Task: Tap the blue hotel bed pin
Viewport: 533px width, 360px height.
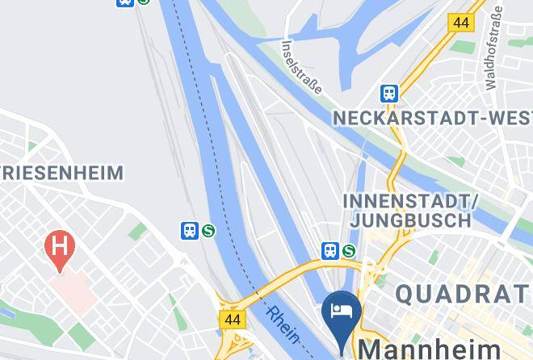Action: [340, 312]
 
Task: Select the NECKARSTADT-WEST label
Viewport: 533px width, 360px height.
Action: [433, 119]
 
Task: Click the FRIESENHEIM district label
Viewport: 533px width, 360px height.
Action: [61, 172]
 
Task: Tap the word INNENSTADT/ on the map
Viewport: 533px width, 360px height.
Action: [411, 199]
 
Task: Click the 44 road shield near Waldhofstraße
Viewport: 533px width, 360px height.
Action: [462, 23]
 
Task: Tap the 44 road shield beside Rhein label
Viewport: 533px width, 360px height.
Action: [233, 320]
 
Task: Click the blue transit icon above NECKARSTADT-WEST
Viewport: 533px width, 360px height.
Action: [390, 93]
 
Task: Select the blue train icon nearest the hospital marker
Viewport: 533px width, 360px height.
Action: [189, 231]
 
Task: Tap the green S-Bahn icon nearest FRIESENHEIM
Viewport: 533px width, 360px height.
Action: [209, 231]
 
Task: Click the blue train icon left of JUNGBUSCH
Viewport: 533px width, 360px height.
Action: [329, 251]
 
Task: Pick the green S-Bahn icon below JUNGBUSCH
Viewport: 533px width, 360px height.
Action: [350, 251]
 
